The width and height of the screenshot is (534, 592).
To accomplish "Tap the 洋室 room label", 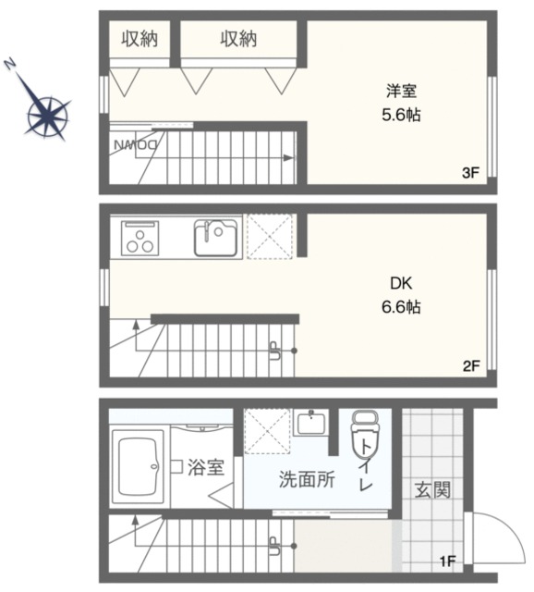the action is point(401,91).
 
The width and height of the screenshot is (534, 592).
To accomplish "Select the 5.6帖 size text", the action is point(401,115).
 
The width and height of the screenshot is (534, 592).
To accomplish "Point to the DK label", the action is point(401,283).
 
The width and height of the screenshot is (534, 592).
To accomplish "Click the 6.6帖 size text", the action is point(401,306).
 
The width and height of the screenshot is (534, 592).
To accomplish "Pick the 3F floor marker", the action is point(470,173).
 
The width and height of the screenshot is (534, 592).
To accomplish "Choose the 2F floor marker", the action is point(471,365).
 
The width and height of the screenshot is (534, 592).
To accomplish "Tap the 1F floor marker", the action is point(448,561).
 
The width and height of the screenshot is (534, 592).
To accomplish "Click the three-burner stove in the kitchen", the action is point(140,238).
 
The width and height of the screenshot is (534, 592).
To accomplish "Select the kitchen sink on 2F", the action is point(215,238).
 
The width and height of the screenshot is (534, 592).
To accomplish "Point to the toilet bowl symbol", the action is point(365,434).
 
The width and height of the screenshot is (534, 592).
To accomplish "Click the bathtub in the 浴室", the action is point(138,466).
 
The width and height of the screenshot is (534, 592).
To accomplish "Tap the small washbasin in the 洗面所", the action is point(311,423).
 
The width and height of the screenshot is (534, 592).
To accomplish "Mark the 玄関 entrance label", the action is point(432,489).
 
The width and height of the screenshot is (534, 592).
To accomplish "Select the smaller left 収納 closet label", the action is point(140,39).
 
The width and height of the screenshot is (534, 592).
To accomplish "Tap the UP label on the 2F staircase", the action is point(274,351).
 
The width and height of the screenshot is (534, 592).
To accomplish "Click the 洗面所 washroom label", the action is point(307,479).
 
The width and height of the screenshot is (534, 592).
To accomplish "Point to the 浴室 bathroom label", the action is point(206,467).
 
